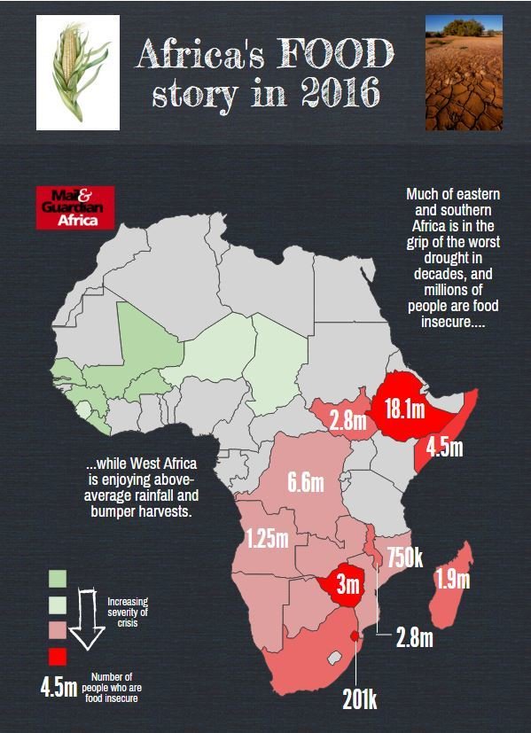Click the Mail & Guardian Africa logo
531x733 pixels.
pyautogui.click(x=75, y=208)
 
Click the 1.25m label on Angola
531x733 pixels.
pyautogui.click(x=267, y=537)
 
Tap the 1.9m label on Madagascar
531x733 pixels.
pyautogui.click(x=452, y=581)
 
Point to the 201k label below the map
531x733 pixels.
pyautogui.click(x=360, y=699)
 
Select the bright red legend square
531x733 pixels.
pyautogui.click(x=57, y=656)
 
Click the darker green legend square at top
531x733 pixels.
pyautogui.click(x=57, y=579)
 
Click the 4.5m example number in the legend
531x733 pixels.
pyautogui.click(x=58, y=687)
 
